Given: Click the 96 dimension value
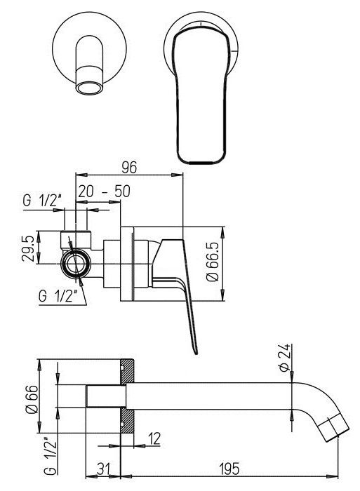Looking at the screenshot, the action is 129,167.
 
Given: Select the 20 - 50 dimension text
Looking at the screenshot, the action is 104,191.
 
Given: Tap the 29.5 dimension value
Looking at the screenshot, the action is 27,248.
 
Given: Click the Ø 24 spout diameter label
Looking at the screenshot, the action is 284,358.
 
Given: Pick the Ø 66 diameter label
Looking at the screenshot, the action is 32,400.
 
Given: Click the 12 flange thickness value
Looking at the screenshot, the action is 154,438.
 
